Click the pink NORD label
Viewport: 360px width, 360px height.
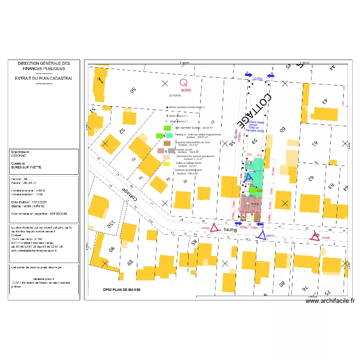pyautogui.click(x=185, y=90)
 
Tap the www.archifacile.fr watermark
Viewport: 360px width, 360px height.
pyautogui.click(x=330, y=301)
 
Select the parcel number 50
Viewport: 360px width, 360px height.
pyautogui.click(x=133, y=89)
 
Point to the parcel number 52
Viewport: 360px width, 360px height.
pyautogui.click(x=122, y=130)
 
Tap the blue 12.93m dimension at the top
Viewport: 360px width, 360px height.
pyautogui.click(x=258, y=78)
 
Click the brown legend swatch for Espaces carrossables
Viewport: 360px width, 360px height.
pyautogui.click(x=167, y=143)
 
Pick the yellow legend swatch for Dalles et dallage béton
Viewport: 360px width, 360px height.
pyautogui.click(x=167, y=164)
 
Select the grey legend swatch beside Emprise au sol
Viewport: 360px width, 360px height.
pyautogui.click(x=171, y=151)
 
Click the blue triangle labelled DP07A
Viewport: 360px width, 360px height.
pyautogui.click(x=261, y=235)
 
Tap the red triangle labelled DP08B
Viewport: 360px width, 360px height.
pyautogui.click(x=315, y=236)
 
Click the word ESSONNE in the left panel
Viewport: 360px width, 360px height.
pyautogui.click(x=19, y=156)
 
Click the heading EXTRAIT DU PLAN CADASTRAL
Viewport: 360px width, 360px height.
pyautogui.click(x=44, y=78)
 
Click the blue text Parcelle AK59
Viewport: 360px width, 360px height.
pyautogui.click(x=255, y=131)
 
